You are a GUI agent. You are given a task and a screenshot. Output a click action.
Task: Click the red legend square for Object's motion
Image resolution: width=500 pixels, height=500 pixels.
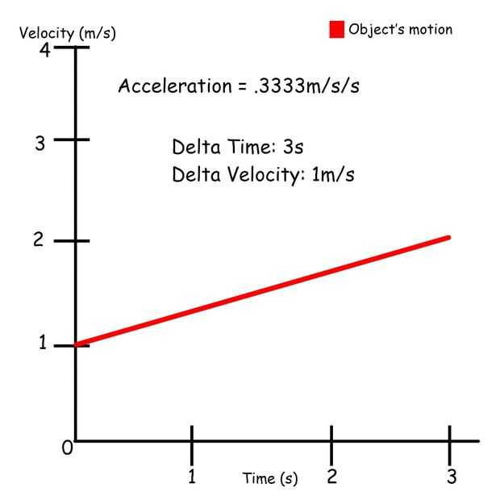pos(336,30)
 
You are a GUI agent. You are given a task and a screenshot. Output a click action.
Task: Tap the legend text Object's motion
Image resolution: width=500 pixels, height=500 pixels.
pos(400,30)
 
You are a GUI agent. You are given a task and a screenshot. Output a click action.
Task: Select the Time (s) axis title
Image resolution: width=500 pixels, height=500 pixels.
pos(269,478)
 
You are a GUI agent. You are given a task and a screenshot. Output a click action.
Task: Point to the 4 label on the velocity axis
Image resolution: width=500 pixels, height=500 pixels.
pos(45,50)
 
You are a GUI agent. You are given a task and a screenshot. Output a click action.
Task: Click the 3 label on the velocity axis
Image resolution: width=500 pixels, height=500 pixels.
pos(39,144)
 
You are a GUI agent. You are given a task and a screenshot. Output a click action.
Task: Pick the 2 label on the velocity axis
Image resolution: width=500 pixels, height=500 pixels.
pos(39,242)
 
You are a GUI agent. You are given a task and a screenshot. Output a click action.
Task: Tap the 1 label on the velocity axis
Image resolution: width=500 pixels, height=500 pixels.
pos(43,344)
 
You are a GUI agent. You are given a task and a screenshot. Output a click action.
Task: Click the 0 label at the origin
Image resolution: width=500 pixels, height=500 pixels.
pos(68,448)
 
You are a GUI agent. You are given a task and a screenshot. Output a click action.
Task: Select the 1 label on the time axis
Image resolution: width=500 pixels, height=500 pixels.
pos(192,477)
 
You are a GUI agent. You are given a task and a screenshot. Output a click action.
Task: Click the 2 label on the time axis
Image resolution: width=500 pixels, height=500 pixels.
pos(331,477)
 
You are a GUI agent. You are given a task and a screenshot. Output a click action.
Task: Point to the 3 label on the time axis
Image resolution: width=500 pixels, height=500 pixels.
pos(451,477)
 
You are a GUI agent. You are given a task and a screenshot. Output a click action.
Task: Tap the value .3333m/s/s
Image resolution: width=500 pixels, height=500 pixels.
pos(306,86)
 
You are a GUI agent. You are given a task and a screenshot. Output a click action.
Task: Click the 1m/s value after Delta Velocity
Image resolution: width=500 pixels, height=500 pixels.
pos(333,174)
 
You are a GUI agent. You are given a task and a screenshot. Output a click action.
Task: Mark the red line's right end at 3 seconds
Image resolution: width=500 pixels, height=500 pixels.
pos(448,237)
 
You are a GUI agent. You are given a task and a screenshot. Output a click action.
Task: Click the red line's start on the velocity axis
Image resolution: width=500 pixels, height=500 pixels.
pos(77,345)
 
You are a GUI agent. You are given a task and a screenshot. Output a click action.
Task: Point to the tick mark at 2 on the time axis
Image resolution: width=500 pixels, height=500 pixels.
pos(331,441)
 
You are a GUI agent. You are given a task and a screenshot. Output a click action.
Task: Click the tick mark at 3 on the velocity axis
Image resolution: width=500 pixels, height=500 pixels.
pos(77,140)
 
